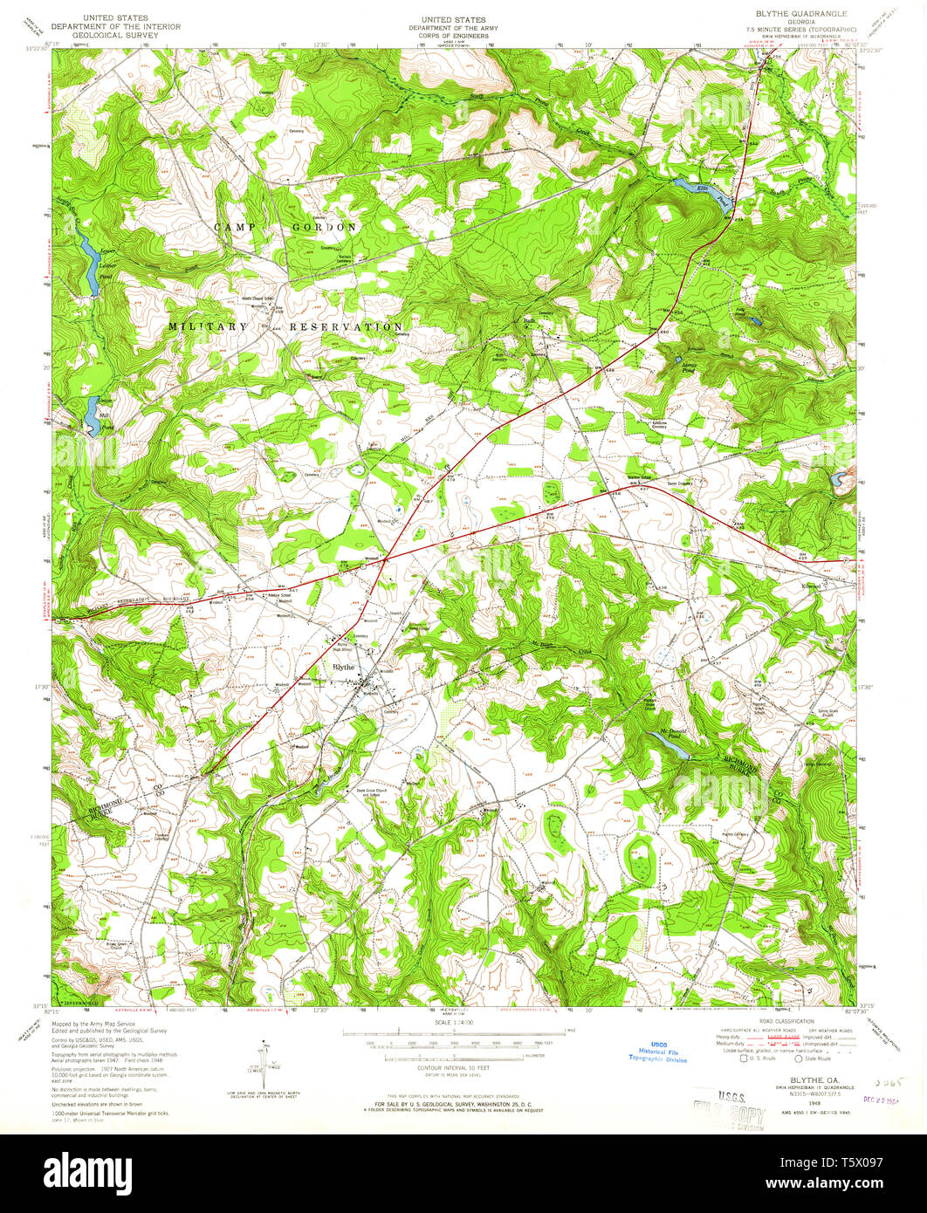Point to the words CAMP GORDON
285,227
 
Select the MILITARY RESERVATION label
285,326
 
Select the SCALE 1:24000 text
453,1021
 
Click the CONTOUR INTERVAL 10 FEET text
453,1067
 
